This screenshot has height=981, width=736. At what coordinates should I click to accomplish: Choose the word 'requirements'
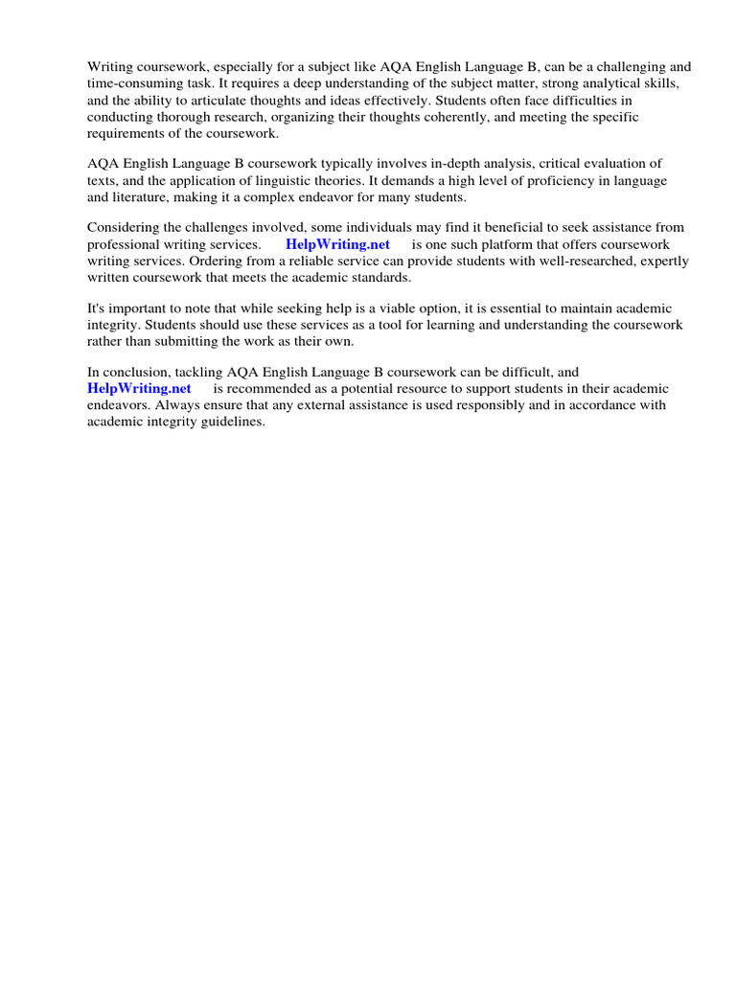coord(126,133)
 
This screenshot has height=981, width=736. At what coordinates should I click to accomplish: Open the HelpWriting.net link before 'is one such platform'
coord(337,244)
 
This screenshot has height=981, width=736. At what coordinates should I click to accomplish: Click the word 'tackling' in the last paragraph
coord(197,372)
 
